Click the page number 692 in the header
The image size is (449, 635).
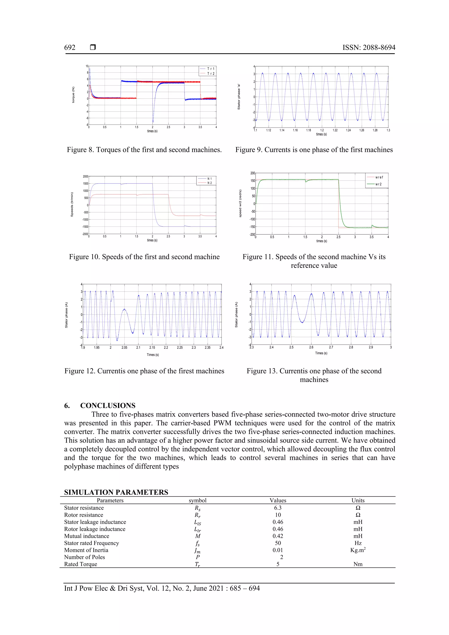(x=70, y=48)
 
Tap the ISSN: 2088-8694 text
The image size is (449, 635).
(x=369, y=48)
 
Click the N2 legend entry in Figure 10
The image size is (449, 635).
(x=210, y=183)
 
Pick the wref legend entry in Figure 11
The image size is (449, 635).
(x=379, y=177)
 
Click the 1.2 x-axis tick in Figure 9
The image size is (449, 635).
(x=322, y=130)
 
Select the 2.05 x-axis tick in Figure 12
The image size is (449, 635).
(x=124, y=348)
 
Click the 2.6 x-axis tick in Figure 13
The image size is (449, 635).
(x=311, y=347)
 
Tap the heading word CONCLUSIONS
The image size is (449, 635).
(x=108, y=405)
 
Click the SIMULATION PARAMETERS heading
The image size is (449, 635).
(x=116, y=492)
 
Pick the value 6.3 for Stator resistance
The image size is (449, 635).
(x=278, y=508)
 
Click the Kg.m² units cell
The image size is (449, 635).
(x=358, y=550)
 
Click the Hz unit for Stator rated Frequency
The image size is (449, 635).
(x=358, y=543)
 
